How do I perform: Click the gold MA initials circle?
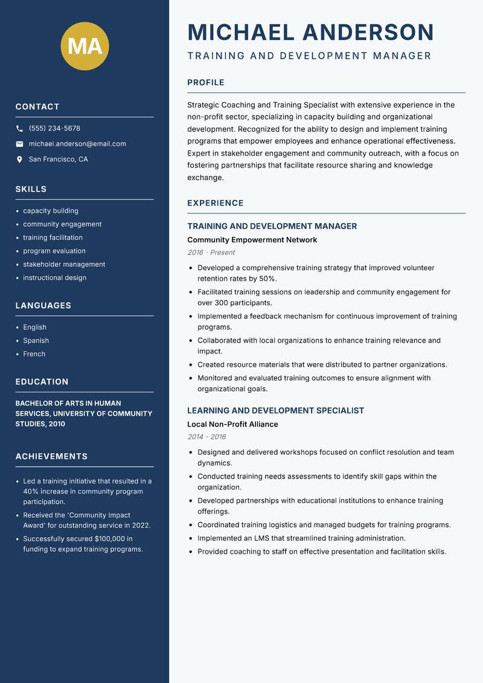[x=85, y=46]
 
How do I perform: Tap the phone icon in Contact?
[x=19, y=129]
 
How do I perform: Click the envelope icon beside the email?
[x=19, y=144]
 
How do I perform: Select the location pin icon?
[x=19, y=160]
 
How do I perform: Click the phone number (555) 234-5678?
[x=54, y=129]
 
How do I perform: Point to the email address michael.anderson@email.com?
[x=77, y=144]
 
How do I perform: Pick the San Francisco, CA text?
[x=58, y=160]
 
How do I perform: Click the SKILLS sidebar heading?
[x=31, y=189]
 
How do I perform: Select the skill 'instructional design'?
[x=54, y=278]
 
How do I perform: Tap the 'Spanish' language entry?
[x=36, y=341]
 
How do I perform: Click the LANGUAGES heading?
[x=43, y=306]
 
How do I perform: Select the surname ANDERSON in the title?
[x=368, y=33]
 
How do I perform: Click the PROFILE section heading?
[x=206, y=83]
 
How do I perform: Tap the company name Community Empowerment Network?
[x=252, y=240]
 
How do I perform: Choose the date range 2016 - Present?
[x=211, y=253]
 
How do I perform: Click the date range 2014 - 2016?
[x=206, y=437]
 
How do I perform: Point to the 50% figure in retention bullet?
[x=266, y=279]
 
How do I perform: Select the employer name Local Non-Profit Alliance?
[x=232, y=424]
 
